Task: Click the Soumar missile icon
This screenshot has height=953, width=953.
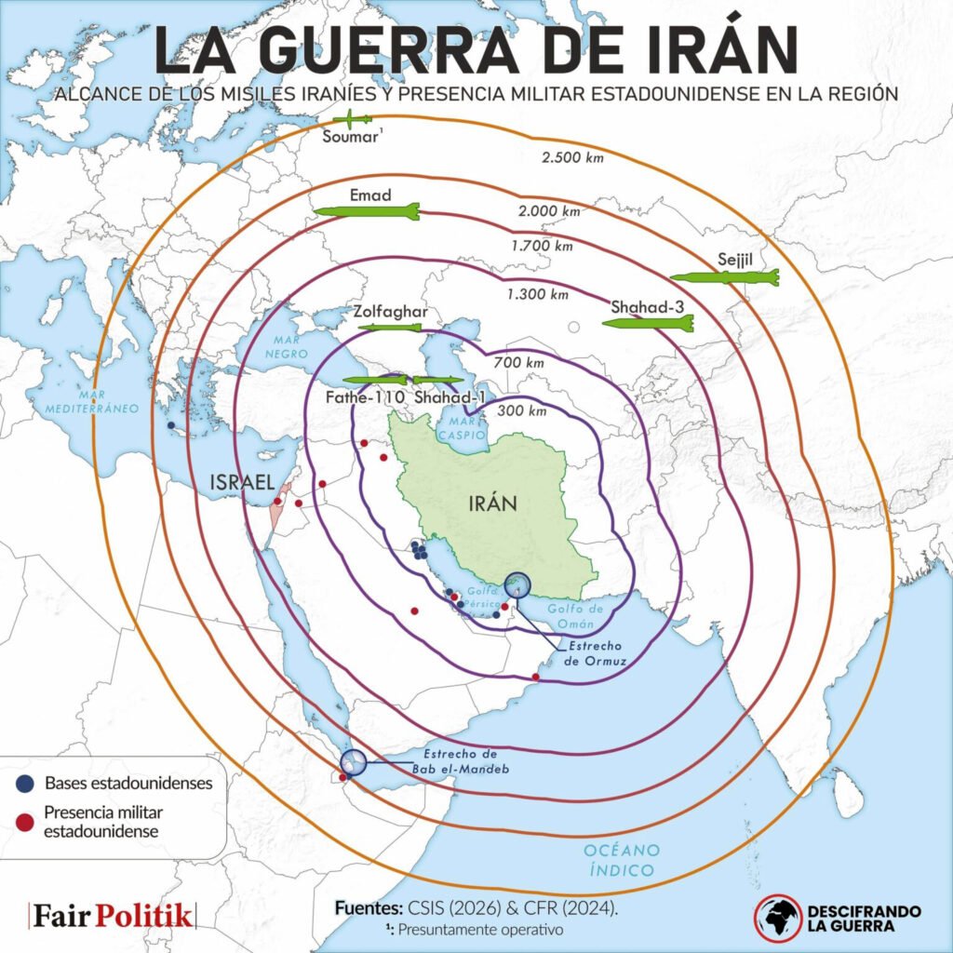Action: [x=354, y=119]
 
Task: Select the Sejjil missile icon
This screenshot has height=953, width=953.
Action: [x=724, y=276]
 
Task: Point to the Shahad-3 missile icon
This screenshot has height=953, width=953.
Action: [x=648, y=323]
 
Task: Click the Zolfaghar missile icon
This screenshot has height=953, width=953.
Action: [x=392, y=328]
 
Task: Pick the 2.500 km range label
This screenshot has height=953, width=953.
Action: [x=572, y=157]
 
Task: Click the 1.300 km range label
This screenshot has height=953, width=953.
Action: [x=537, y=294]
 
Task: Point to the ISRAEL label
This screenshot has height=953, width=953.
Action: [x=242, y=482]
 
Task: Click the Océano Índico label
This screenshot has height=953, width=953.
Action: [x=622, y=860]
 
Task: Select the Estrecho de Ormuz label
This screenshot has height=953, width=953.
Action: [x=597, y=652]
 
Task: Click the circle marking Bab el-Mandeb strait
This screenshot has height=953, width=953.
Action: [x=353, y=763]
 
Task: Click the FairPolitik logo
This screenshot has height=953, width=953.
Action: [x=113, y=916]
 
